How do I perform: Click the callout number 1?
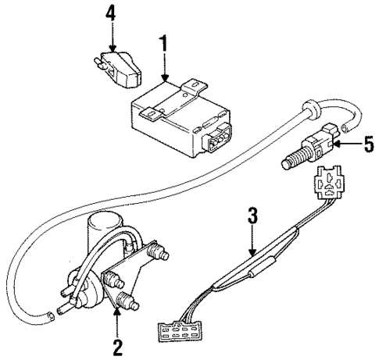pyautogui.click(x=163, y=45)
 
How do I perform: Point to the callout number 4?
pyautogui.click(x=111, y=14)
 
